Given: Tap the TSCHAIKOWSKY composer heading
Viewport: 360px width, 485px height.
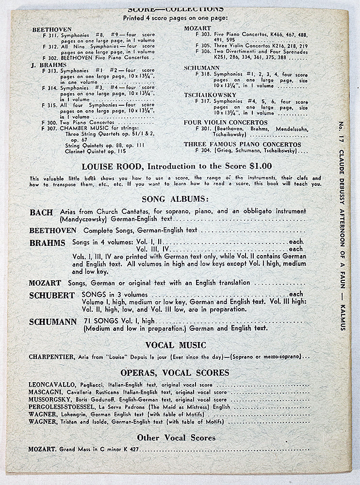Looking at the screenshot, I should pos(210,95).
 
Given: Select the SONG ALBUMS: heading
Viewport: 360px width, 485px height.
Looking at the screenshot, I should pos(175,198).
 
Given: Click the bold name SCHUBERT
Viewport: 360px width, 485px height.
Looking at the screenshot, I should pos(51,295).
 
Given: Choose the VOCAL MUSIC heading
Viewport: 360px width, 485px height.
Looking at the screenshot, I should pos(175,345).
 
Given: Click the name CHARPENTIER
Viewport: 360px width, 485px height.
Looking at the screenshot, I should pos(50,357).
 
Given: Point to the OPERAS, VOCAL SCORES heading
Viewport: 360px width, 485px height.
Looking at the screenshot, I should pos(175,372).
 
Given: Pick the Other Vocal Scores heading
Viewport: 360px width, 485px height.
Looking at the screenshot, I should pos(175,437).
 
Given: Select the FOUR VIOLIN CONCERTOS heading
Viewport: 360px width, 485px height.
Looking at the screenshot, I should pos(226,123).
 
